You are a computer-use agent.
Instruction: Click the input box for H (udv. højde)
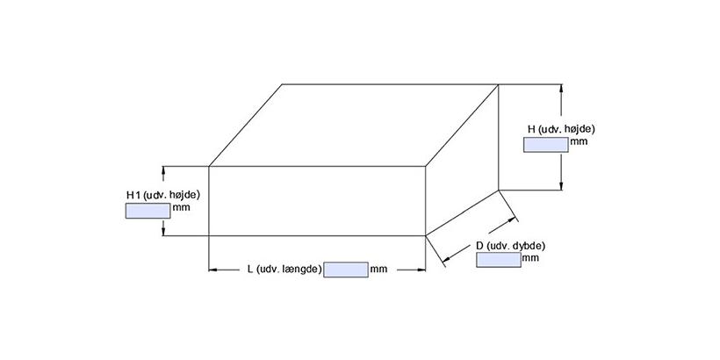tap(545, 145)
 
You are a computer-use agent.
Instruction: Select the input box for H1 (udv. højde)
tap(148, 211)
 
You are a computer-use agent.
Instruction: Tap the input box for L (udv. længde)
tap(346, 270)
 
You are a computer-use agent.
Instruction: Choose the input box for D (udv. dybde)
tap(498, 260)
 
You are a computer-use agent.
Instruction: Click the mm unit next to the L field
tap(378, 270)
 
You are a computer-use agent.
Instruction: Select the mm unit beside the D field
tap(529, 258)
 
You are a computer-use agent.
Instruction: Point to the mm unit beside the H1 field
tap(181, 208)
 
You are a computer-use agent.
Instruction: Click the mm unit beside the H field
tap(579, 140)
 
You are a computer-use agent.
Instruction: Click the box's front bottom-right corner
tap(425, 235)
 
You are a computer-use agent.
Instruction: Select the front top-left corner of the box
tap(208, 166)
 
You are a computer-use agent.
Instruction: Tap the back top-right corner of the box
tap(499, 84)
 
